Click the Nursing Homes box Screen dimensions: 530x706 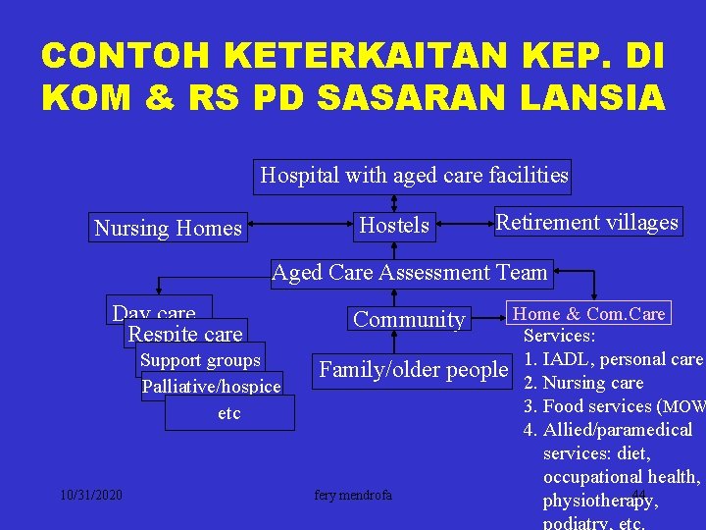(x=168, y=228)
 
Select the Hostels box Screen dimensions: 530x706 (x=394, y=225)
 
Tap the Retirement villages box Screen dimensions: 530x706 (x=586, y=222)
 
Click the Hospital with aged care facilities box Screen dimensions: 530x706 (x=414, y=176)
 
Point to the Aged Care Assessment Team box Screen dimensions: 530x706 (x=410, y=272)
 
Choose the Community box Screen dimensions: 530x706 (x=409, y=319)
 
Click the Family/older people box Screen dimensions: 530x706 (x=414, y=369)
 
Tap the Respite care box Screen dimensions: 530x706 (x=185, y=334)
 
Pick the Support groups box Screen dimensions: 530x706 (x=200, y=359)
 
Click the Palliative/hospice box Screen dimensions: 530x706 (x=212, y=386)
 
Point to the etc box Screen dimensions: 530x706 (x=229, y=413)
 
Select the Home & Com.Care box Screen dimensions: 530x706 (x=589, y=314)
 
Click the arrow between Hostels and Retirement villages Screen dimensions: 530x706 (x=461, y=225)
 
